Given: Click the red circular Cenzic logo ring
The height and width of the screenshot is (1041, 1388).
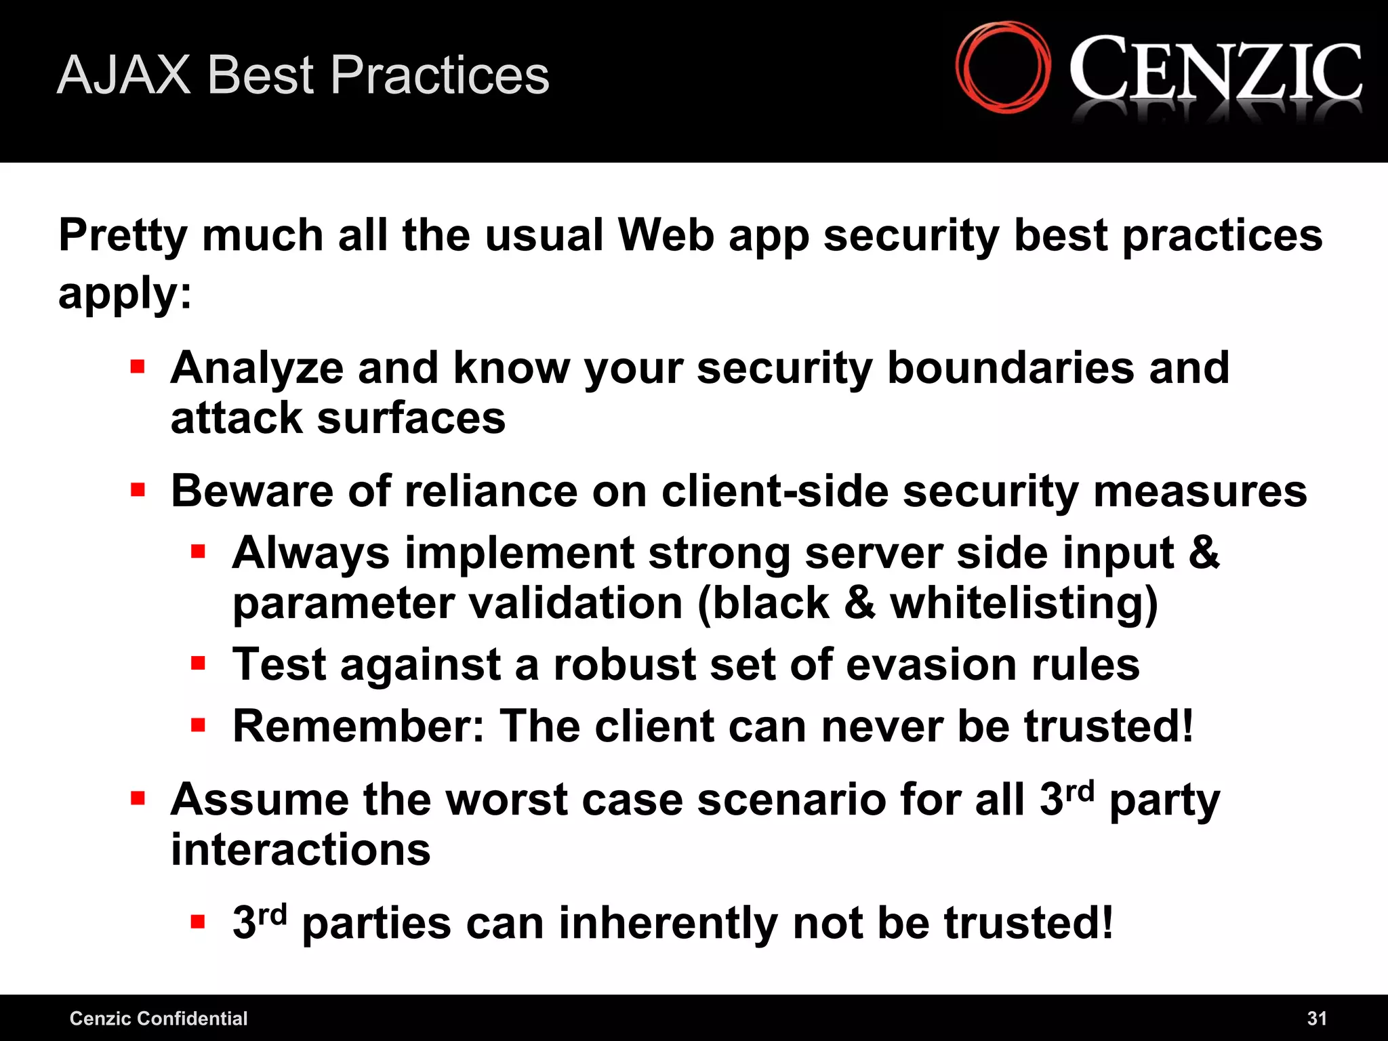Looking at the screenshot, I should click(x=1003, y=66).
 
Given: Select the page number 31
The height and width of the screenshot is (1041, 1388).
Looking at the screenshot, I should click(x=1317, y=1018).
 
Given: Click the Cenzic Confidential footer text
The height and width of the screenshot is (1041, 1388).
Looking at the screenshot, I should click(x=159, y=1018).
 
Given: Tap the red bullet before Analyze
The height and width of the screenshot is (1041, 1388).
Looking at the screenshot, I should click(x=138, y=367).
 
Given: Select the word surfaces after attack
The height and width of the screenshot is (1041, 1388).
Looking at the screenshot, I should click(x=411, y=418).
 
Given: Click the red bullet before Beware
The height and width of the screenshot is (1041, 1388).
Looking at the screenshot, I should click(x=138, y=489).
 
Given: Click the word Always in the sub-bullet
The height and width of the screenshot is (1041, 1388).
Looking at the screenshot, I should click(x=310, y=554).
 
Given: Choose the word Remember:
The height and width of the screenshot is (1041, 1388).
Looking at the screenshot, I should click(x=359, y=726).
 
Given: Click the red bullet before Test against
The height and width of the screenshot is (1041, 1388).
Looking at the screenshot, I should click(x=198, y=663).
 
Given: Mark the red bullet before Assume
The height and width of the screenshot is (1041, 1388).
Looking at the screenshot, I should click(x=138, y=798).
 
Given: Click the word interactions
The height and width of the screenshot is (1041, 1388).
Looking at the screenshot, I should click(x=300, y=850).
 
